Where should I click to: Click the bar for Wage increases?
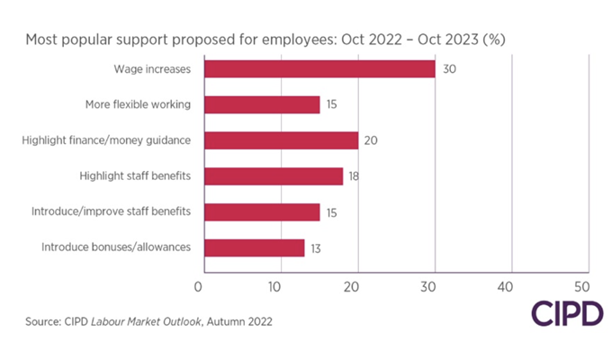coord(319,69)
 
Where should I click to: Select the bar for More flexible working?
coord(262,105)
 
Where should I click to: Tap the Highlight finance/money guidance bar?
coord(281,140)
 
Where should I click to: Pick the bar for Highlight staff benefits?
coord(274,176)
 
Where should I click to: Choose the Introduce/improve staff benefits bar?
coord(262,211)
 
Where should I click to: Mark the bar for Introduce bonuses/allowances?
coord(255,247)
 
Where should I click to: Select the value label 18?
coord(355,176)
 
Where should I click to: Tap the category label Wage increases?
coord(152,69)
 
